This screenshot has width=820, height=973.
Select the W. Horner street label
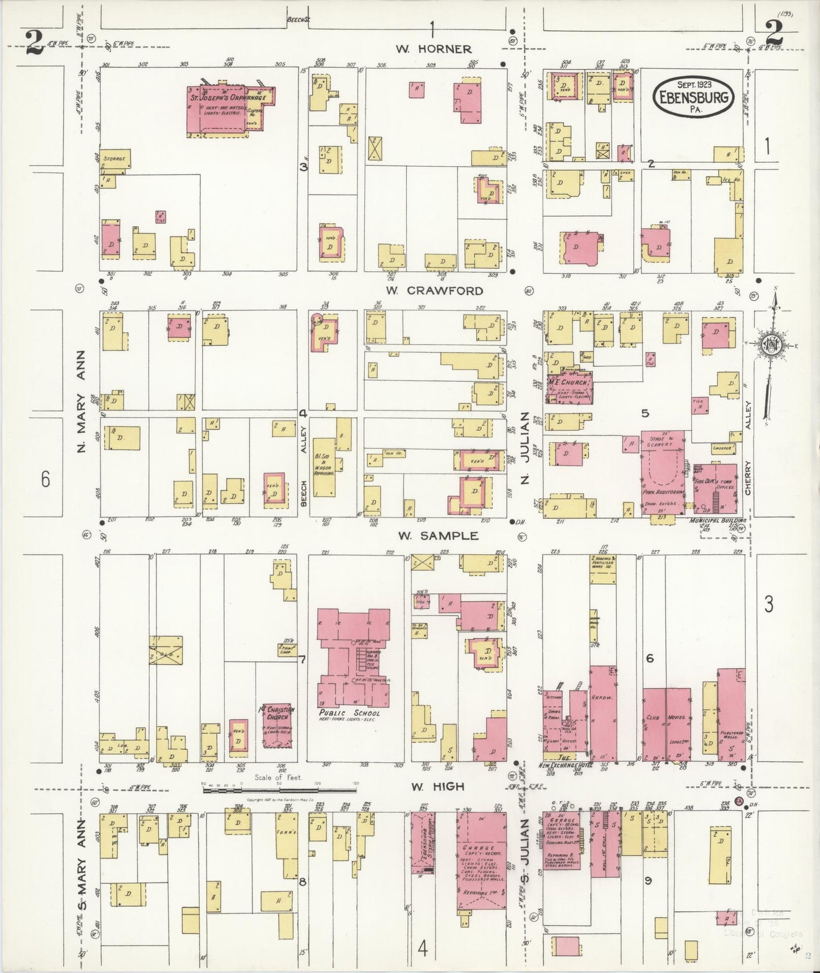(x=434, y=49)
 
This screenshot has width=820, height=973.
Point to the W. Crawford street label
(x=435, y=291)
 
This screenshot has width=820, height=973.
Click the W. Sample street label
(x=438, y=535)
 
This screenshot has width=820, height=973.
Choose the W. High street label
(x=438, y=786)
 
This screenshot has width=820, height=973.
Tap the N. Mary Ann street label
(x=82, y=409)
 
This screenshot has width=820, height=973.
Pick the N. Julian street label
(x=525, y=448)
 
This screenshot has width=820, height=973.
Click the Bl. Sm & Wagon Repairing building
(x=324, y=465)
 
